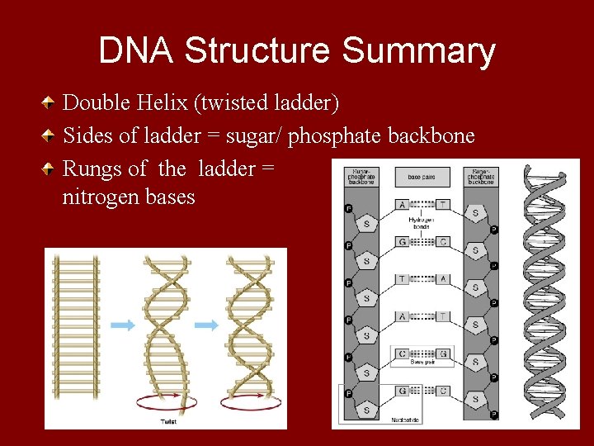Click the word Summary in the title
click(x=418, y=51)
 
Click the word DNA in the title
click(x=136, y=51)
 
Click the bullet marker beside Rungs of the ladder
click(x=50, y=169)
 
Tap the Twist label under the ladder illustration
click(x=167, y=422)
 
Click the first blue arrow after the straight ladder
click(x=122, y=325)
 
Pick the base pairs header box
click(x=422, y=177)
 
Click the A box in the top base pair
click(x=402, y=204)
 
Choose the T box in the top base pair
click(x=442, y=204)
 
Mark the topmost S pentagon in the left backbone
click(x=367, y=225)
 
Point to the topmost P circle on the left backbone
click(x=348, y=209)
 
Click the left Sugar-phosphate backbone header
click(x=362, y=177)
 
